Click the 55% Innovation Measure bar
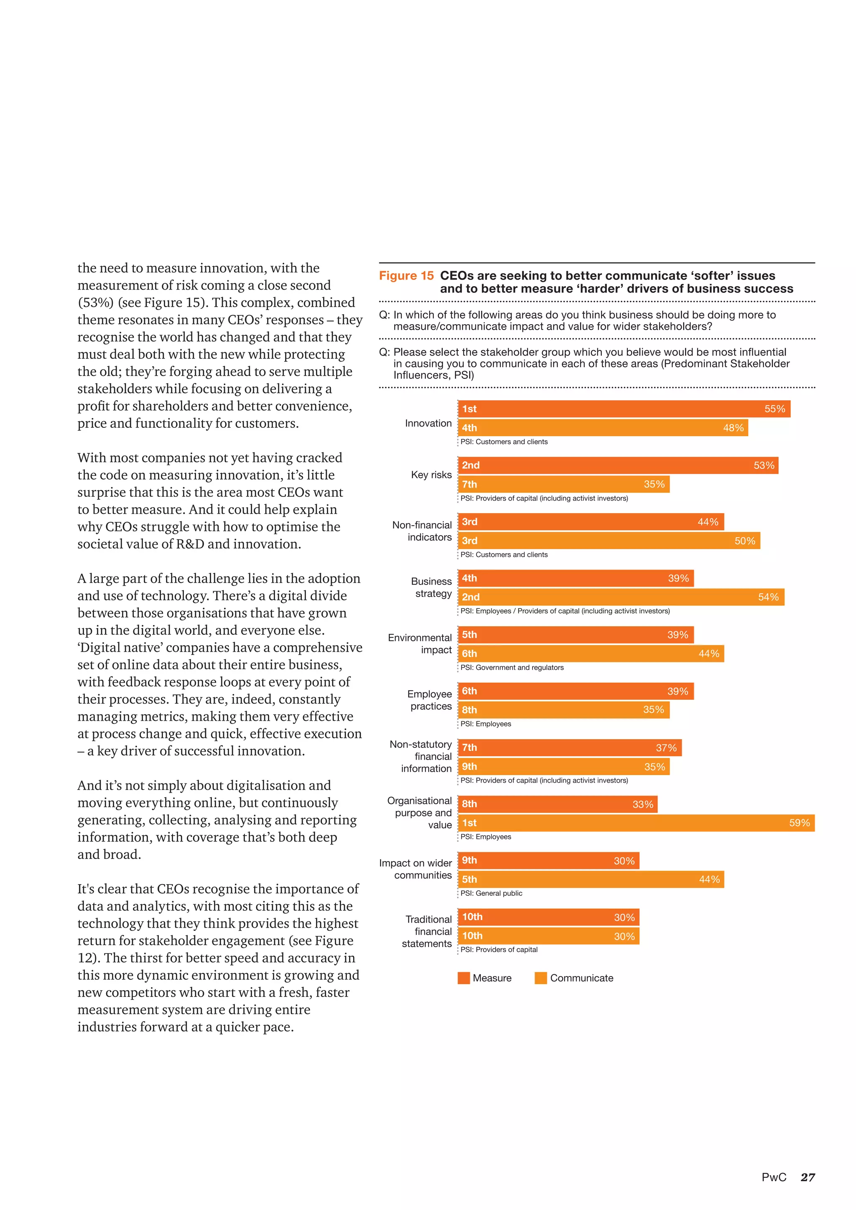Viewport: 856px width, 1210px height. [x=624, y=409]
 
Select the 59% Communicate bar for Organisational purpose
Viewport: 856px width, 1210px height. [x=636, y=823]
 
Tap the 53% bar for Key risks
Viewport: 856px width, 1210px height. [x=618, y=465]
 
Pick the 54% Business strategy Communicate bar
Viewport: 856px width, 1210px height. [x=621, y=597]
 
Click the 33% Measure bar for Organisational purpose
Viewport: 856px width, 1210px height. [x=558, y=804]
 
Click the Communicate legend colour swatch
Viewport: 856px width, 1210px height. [x=541, y=978]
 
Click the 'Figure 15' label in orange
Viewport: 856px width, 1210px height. [x=406, y=276]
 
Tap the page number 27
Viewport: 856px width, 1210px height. [x=808, y=1177]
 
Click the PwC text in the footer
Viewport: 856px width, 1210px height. [x=774, y=1177]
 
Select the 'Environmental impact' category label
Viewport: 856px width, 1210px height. [x=420, y=643]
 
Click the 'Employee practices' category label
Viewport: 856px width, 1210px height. [x=430, y=700]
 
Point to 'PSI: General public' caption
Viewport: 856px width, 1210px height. [x=491, y=893]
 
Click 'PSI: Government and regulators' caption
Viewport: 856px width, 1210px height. [x=512, y=668]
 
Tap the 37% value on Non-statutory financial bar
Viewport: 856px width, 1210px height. [x=666, y=748]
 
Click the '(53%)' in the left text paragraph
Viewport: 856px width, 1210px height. [x=95, y=302]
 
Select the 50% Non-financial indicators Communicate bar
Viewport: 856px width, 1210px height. [x=609, y=541]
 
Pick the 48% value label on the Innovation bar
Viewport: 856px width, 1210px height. [x=733, y=428]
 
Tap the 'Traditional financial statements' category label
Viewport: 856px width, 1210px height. [x=427, y=931]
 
